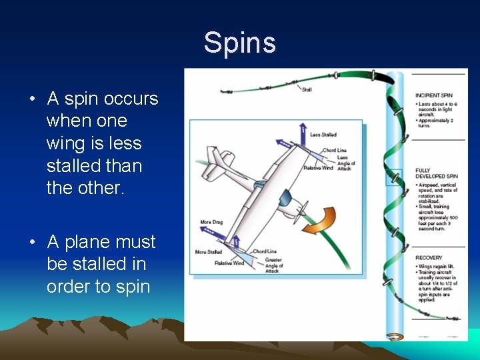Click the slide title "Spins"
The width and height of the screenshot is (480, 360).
[239, 43]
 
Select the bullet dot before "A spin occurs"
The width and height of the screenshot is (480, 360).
[32, 100]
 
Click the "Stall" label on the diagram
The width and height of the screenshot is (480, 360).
[307, 89]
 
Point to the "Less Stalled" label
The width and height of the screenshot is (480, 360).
[323, 135]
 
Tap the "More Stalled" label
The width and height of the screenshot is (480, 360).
[209, 252]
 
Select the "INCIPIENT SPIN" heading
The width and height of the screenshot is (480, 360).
[433, 95]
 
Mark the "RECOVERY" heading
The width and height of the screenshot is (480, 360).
[429, 257]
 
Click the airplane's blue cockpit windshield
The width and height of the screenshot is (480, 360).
[285, 198]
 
